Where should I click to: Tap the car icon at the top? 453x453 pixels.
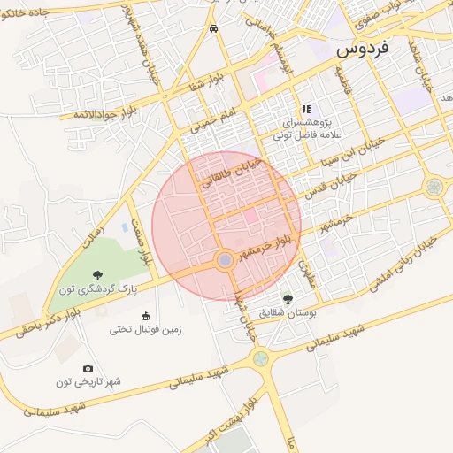tap(214, 28)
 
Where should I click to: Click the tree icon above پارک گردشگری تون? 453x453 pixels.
tap(97, 275)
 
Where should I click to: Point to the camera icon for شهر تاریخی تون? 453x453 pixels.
tap(88, 368)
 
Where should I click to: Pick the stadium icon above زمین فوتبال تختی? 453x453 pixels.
tap(145, 316)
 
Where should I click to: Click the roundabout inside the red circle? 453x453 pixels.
tap(226, 260)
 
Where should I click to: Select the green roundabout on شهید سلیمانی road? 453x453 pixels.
tap(260, 358)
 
